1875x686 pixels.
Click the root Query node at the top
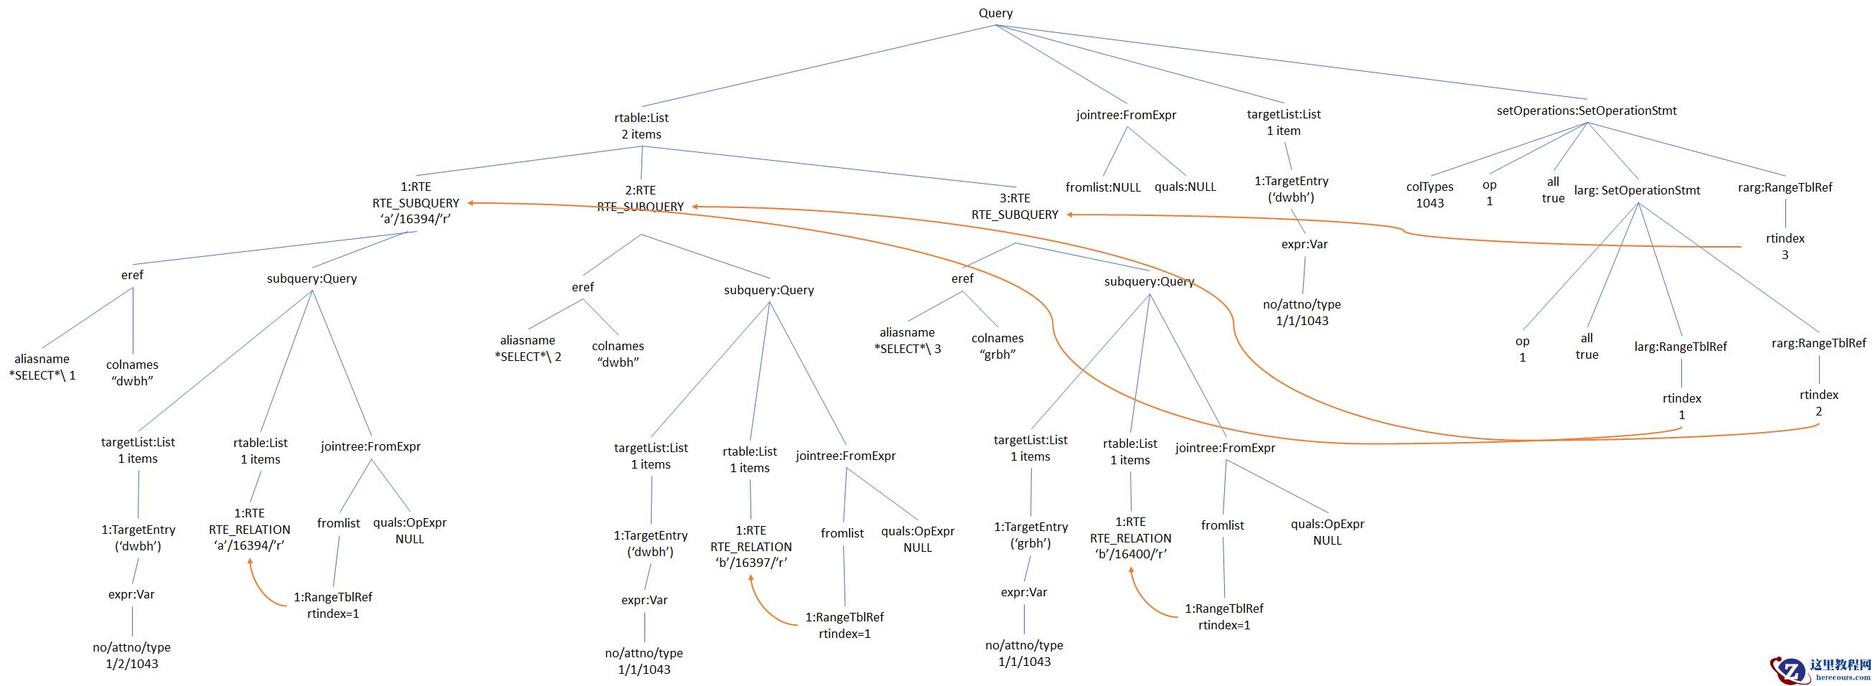pyautogui.click(x=995, y=13)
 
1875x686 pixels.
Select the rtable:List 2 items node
pyautogui.click(x=642, y=126)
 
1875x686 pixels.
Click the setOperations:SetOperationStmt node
pyautogui.click(x=1586, y=111)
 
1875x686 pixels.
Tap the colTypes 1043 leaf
pyautogui.click(x=1429, y=194)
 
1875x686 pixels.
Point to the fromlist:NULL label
pyautogui.click(x=1103, y=187)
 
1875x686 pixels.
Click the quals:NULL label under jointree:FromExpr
pyautogui.click(x=1185, y=187)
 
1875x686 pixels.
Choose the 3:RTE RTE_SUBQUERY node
pyautogui.click(x=1015, y=206)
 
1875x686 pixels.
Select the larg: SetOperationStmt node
pyautogui.click(x=1637, y=190)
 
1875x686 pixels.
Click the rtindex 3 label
pyautogui.click(x=1785, y=246)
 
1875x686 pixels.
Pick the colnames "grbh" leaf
pyautogui.click(x=997, y=346)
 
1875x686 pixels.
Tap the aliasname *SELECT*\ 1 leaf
pyautogui.click(x=42, y=367)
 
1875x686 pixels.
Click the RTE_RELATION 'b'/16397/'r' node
pyautogui.click(x=751, y=546)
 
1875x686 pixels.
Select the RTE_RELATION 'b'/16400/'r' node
pyautogui.click(x=1130, y=538)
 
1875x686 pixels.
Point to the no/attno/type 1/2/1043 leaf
pyautogui.click(x=132, y=655)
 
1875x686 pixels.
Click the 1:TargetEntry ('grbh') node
pyautogui.click(x=1030, y=535)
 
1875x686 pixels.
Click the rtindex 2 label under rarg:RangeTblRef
pyautogui.click(x=1818, y=403)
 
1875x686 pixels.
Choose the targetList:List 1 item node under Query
pyautogui.click(x=1283, y=122)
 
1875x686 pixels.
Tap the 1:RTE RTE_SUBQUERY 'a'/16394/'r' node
pyautogui.click(x=415, y=202)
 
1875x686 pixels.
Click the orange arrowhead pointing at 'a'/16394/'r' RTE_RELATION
pyautogui.click(x=250, y=561)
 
